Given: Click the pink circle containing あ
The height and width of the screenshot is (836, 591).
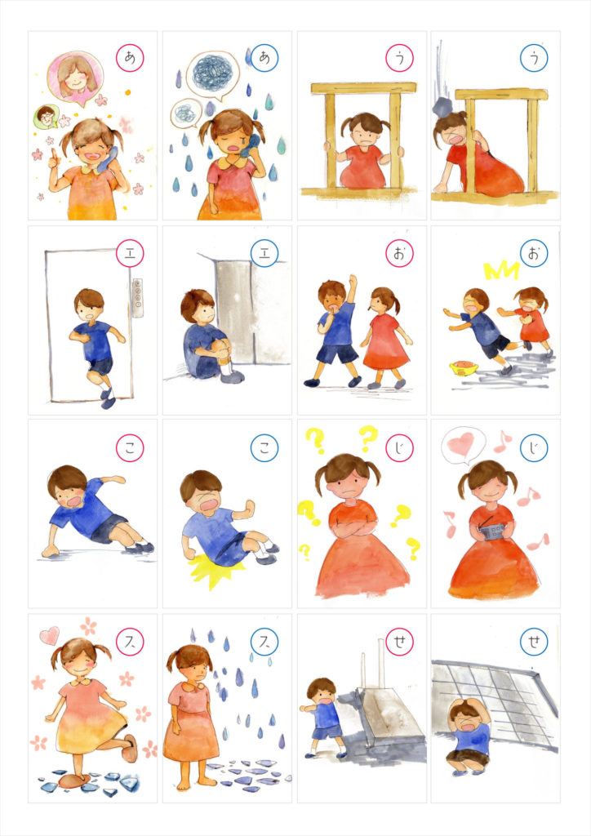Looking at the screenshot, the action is [130, 58].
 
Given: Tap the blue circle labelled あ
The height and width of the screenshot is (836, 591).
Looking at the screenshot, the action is [264, 58].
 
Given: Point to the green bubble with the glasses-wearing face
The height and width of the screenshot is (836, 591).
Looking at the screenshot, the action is [47, 116].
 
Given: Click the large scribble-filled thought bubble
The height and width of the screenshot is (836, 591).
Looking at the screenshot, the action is [213, 75].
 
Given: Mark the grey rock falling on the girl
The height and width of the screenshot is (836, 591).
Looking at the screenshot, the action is [443, 107].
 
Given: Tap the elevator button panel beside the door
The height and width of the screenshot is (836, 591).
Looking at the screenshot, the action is [137, 297].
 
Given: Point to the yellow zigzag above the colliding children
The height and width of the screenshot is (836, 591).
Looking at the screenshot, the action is [501, 271].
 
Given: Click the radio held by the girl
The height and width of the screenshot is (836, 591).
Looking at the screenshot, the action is [495, 531].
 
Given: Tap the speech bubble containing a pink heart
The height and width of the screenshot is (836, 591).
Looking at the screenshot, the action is [463, 446].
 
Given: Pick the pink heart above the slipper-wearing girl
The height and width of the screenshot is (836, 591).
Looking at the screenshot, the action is [50, 635].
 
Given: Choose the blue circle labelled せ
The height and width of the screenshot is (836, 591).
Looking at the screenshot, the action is [533, 642].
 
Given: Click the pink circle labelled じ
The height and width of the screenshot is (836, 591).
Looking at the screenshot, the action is [399, 448].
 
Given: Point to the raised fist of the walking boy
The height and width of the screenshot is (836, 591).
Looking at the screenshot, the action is [353, 281].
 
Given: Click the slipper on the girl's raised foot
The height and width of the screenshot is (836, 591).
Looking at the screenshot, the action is [131, 748].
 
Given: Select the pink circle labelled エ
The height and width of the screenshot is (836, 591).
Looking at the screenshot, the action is [130, 253].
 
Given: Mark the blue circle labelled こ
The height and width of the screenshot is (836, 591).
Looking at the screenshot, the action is [264, 448].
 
